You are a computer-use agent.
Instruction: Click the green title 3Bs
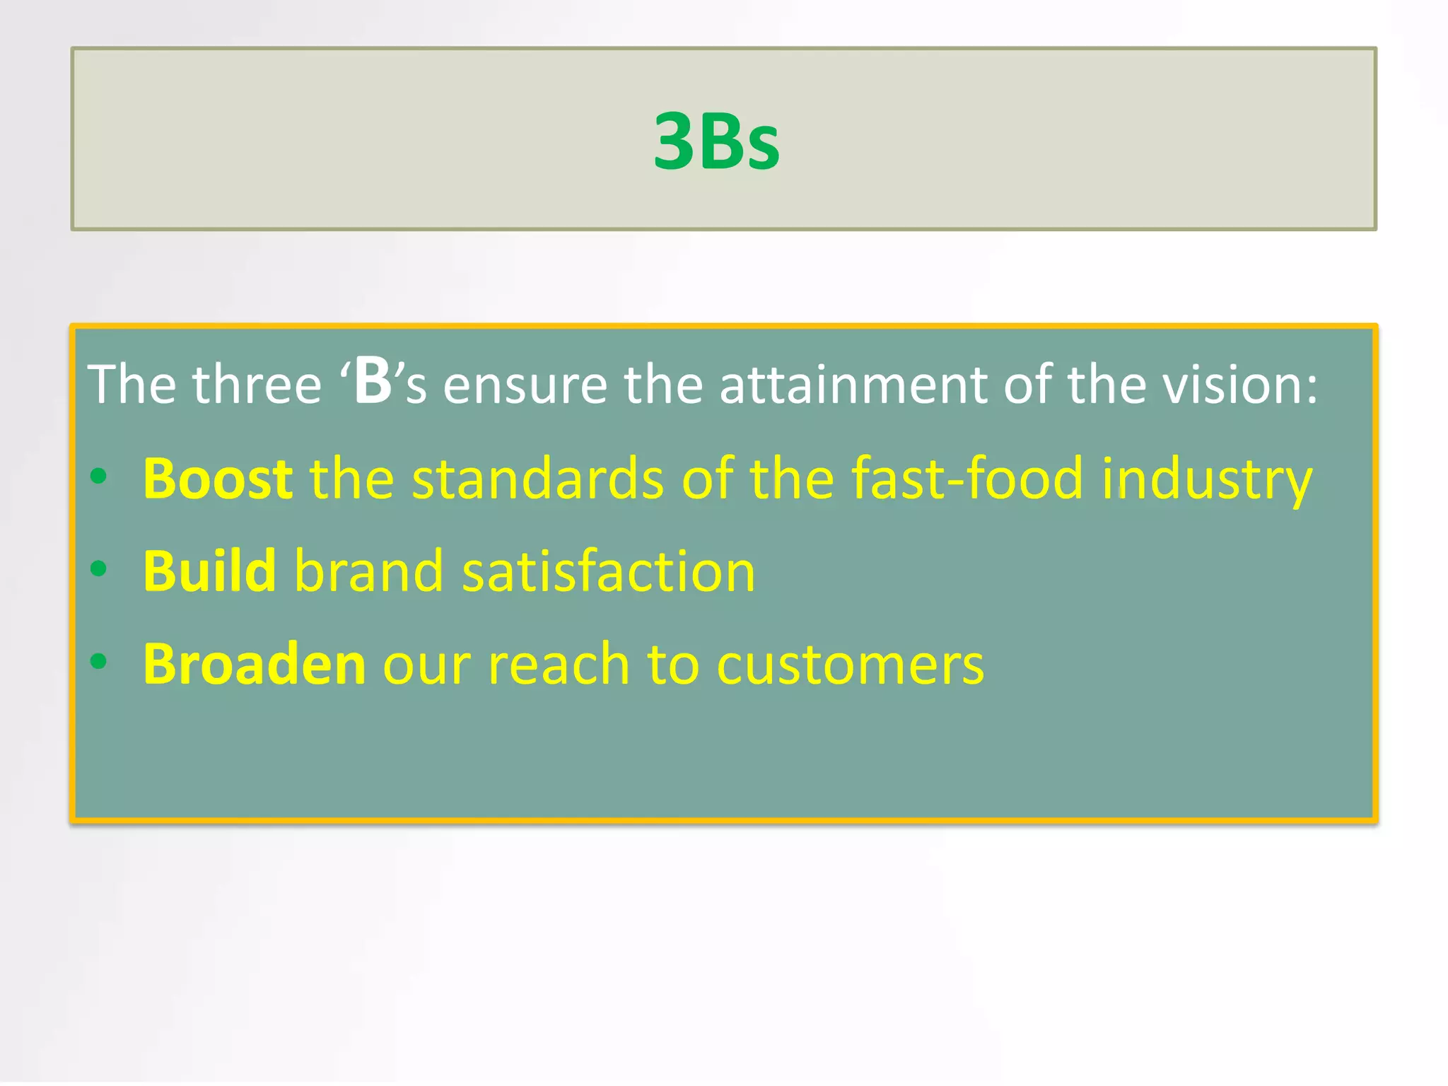(x=716, y=141)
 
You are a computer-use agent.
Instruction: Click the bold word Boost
(x=218, y=479)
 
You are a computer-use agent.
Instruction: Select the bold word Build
(x=209, y=571)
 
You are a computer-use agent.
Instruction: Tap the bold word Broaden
(x=255, y=664)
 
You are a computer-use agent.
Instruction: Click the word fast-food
(x=967, y=479)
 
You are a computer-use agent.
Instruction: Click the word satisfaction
(x=609, y=571)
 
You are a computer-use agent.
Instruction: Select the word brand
(x=369, y=571)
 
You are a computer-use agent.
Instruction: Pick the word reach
(x=559, y=664)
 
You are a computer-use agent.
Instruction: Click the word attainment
(x=853, y=385)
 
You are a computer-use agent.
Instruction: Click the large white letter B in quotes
(x=373, y=382)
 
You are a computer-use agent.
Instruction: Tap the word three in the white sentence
(x=257, y=385)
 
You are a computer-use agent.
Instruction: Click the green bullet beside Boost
(x=99, y=476)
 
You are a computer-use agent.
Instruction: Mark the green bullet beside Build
(x=99, y=568)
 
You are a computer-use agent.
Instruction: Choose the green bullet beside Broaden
(x=99, y=662)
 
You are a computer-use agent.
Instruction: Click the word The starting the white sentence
(x=132, y=385)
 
